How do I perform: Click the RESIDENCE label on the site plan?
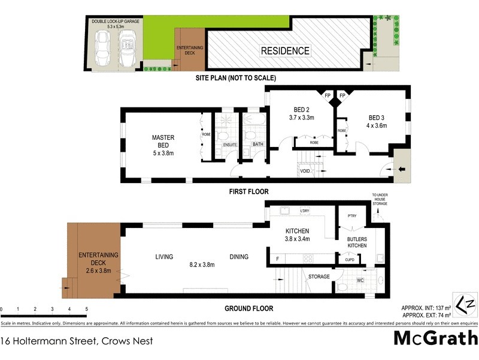pyautogui.click(x=285, y=51)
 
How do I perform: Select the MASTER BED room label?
pyautogui.click(x=163, y=145)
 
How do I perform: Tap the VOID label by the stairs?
pyautogui.click(x=305, y=171)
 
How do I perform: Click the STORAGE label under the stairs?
pyautogui.click(x=319, y=277)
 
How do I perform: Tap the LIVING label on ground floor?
pyautogui.click(x=164, y=257)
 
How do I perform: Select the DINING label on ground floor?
pyautogui.click(x=239, y=257)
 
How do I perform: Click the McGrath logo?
pyautogui.click(x=435, y=338)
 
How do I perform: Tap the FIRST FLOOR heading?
pyautogui.click(x=248, y=192)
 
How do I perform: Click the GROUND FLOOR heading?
pyautogui.click(x=248, y=308)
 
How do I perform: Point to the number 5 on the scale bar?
pyautogui.click(x=87, y=309)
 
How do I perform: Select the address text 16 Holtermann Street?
pyautogui.click(x=77, y=341)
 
